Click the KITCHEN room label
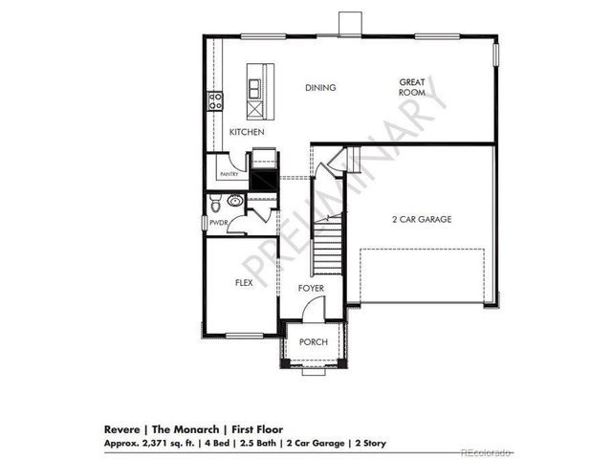tap(246, 132)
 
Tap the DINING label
tap(320, 88)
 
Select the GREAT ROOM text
tap(412, 88)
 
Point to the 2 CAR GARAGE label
tap(421, 219)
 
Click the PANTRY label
tap(229, 175)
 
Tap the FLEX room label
tap(243, 284)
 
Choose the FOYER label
tap(310, 288)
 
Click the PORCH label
tap(313, 342)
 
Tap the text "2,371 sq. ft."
tap(166, 445)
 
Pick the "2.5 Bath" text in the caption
tap(258, 445)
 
